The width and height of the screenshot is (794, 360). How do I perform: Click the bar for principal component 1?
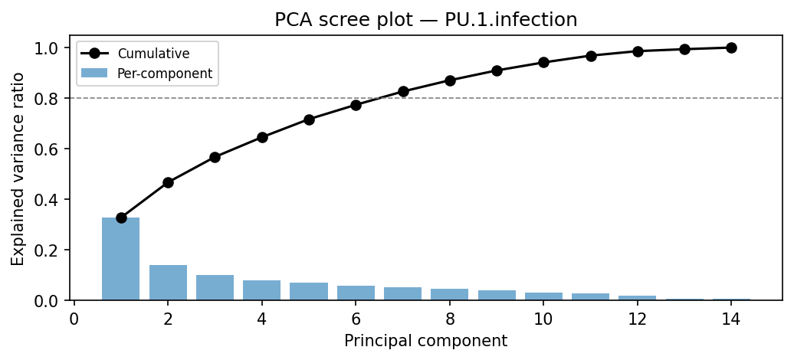pos(121,259)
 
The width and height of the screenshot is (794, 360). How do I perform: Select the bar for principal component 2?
pos(168,283)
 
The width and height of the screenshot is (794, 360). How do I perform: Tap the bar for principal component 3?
pos(215,287)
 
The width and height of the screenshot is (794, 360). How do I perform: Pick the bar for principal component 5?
pos(309,291)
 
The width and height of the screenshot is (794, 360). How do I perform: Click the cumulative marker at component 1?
pos(121,218)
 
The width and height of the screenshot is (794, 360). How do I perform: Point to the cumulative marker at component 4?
pos(262,137)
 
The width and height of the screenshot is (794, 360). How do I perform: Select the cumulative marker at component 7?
pos(403,92)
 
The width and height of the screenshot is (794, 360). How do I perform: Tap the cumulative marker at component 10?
pos(543,62)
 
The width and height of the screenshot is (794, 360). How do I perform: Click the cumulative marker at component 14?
pos(731,47)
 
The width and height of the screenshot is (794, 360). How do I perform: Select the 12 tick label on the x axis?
pos(638,319)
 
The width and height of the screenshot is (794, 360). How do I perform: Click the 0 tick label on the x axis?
pos(74,319)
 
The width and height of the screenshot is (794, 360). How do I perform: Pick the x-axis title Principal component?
pos(425,341)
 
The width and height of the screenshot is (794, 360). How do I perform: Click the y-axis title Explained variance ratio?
pos(18,169)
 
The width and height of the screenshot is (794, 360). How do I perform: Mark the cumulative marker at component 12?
pos(638,51)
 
